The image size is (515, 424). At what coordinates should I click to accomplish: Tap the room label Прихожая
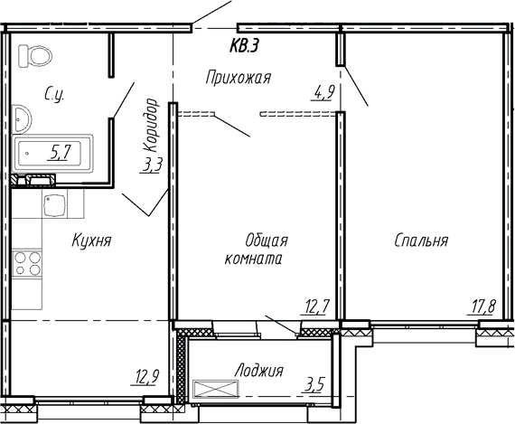tap(239, 77)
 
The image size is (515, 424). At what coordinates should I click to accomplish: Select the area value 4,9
tap(323, 90)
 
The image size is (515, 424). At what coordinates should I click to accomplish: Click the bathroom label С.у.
tap(53, 91)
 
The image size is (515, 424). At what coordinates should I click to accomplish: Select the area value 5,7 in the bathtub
tap(61, 152)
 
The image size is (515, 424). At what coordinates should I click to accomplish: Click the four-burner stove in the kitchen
tap(30, 264)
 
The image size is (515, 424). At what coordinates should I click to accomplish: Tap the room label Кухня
tap(91, 241)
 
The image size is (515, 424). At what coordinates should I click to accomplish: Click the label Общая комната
tap(254, 249)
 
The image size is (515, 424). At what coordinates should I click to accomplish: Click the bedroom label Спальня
tap(421, 240)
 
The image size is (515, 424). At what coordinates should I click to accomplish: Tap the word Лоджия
tap(258, 371)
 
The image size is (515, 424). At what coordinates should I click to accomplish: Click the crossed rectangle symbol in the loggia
tap(217, 390)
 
